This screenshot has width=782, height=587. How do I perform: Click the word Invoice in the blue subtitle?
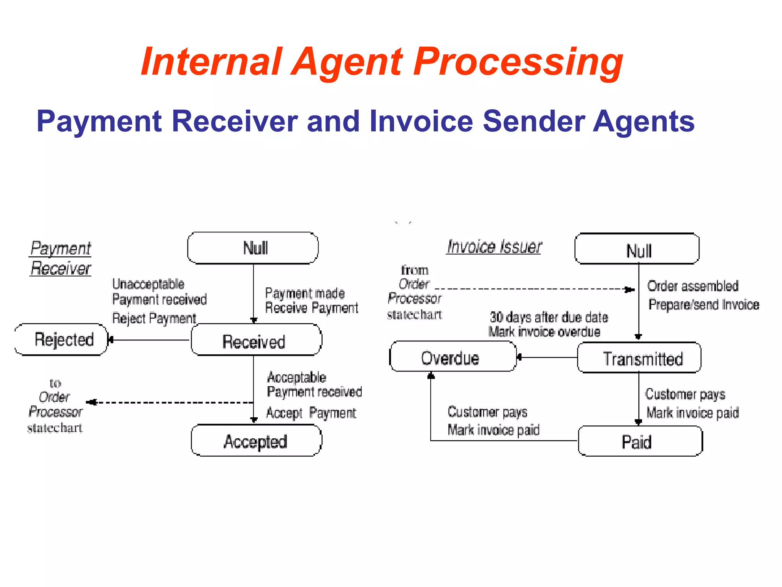click(420, 121)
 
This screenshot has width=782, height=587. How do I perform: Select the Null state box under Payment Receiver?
click(253, 248)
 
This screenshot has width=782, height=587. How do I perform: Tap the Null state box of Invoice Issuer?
click(637, 249)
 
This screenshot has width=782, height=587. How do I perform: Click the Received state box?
click(256, 340)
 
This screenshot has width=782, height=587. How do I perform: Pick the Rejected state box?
click(61, 340)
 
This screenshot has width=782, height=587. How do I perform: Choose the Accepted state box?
click(256, 441)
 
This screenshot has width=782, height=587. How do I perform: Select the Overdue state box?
click(453, 357)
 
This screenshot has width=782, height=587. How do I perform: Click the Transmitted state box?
click(639, 358)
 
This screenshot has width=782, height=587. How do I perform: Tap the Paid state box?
click(640, 441)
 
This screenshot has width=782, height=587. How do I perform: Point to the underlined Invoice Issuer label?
click(494, 246)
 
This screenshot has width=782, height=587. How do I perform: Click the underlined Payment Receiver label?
click(61, 258)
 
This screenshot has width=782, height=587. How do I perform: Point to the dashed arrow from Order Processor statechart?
click(535, 289)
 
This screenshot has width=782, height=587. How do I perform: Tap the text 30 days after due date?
click(549, 317)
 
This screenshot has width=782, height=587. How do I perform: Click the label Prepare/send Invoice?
click(703, 305)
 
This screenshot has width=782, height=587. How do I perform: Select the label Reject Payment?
click(154, 318)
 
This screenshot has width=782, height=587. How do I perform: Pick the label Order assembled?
click(693, 286)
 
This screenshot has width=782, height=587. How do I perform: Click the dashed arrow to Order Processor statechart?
click(170, 402)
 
